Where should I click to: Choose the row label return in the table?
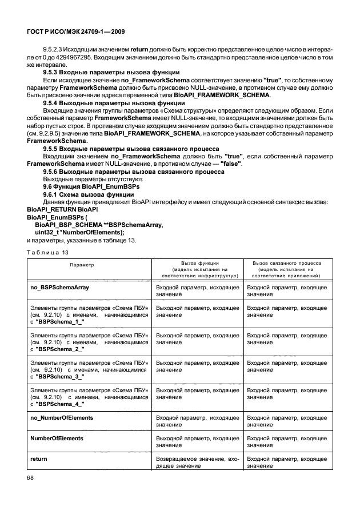point(38,459)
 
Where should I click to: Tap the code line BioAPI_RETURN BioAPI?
point(55,209)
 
